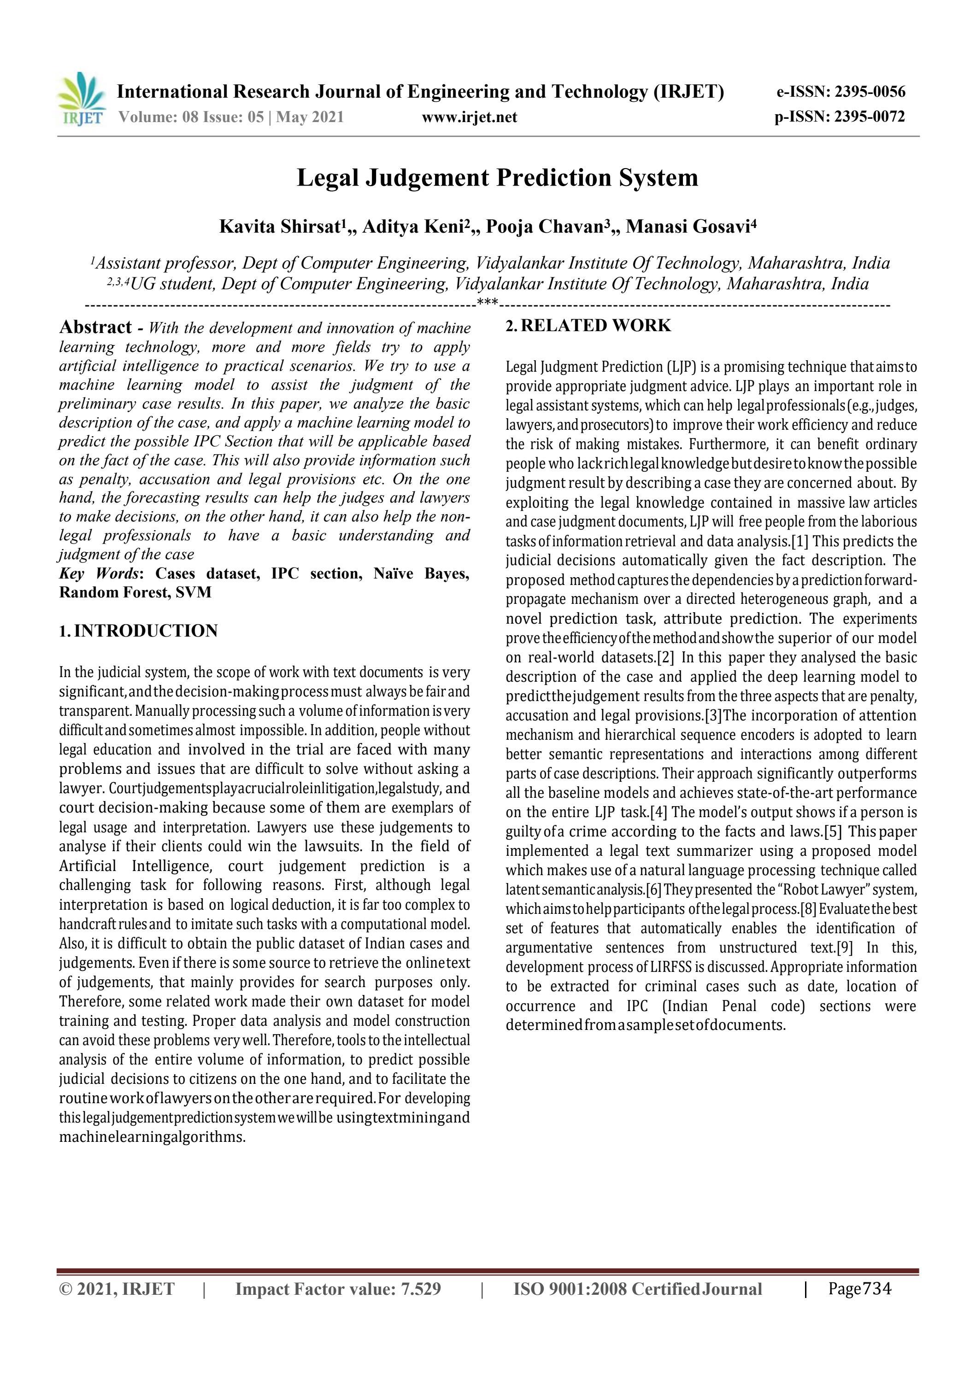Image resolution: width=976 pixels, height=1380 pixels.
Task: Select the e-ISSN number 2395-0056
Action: [x=870, y=92]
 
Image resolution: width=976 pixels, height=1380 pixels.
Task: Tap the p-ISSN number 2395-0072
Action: [x=869, y=117]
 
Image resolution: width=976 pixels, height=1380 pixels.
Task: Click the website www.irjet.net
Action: [x=469, y=117]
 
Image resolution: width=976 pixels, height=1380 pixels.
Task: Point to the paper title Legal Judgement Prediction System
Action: [x=497, y=178]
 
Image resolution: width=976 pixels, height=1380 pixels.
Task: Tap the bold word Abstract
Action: [x=95, y=327]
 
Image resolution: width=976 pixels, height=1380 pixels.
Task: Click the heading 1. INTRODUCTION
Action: [x=138, y=631]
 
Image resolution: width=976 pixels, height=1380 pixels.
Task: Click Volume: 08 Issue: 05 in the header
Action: [x=191, y=117]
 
